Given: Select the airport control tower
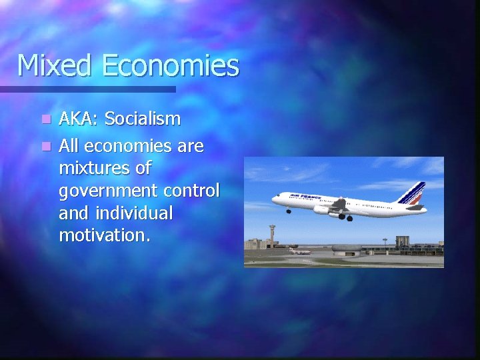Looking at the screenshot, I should pyautogui.click(x=271, y=235).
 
